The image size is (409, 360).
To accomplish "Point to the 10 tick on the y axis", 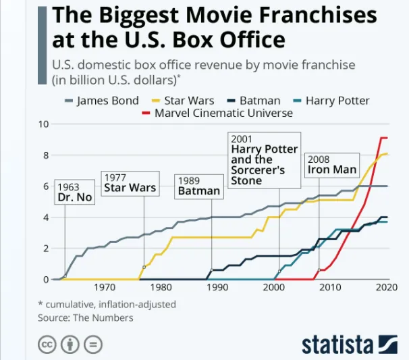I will (44, 124).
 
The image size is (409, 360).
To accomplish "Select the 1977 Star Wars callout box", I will (130, 183).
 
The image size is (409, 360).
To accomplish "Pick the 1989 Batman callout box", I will (198, 186).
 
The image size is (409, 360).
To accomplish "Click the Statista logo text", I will (337, 343).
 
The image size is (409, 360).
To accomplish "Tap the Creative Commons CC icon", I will (47, 344).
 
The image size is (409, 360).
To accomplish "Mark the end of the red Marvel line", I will (387, 138).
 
